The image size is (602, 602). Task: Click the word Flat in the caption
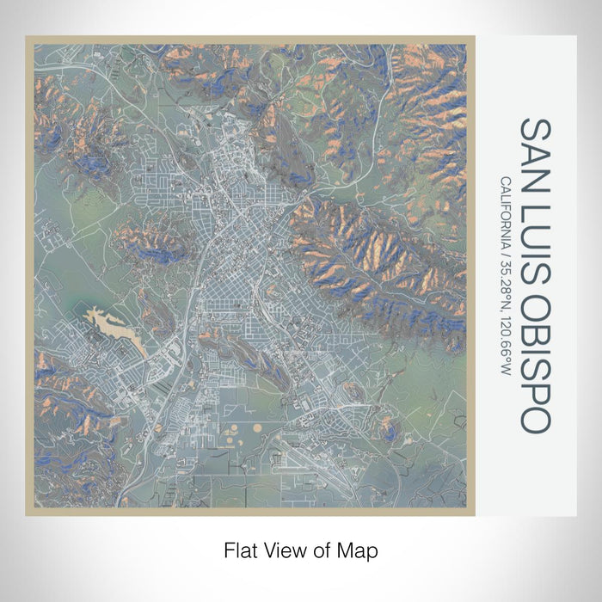239,549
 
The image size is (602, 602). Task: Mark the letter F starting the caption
228,549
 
